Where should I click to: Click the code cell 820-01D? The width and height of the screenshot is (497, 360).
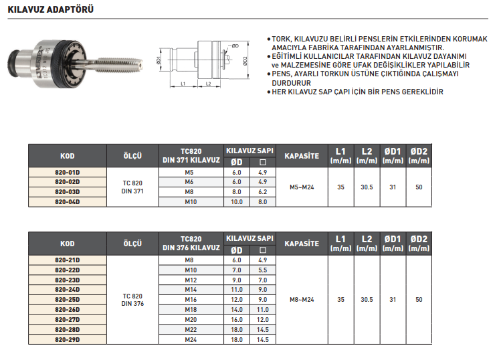(67, 173)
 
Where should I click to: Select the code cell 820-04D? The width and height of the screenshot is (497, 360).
(67, 201)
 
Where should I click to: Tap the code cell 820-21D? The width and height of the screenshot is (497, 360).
(67, 260)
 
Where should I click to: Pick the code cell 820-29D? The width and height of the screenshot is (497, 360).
(67, 340)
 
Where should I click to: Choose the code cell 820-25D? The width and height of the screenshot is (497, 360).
(67, 300)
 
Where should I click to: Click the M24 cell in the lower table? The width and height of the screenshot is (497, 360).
(189, 340)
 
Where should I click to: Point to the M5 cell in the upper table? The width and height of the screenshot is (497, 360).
(189, 173)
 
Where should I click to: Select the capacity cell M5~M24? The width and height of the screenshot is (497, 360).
(301, 187)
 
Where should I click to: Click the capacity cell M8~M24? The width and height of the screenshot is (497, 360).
(301, 299)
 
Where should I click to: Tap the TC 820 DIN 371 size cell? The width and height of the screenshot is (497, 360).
(132, 187)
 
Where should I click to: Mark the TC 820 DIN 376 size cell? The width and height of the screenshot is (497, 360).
(132, 299)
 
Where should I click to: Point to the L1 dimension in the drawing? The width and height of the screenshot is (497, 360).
(183, 84)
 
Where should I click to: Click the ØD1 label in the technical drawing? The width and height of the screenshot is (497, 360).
(157, 61)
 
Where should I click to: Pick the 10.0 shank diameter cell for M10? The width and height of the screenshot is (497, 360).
(236, 201)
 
